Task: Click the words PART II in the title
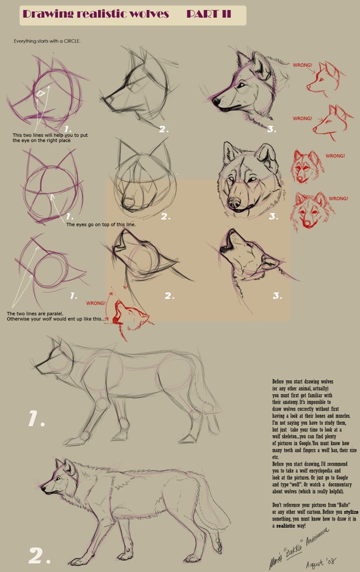click(208, 14)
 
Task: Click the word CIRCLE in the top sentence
click(69, 41)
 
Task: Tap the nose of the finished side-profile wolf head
click(215, 102)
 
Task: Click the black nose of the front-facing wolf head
click(234, 202)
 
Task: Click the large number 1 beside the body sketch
click(36, 419)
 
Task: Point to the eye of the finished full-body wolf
click(58, 478)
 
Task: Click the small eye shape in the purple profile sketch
click(40, 93)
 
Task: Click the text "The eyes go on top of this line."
click(100, 224)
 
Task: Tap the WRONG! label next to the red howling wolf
click(95, 303)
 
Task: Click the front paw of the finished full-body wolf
click(79, 561)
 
